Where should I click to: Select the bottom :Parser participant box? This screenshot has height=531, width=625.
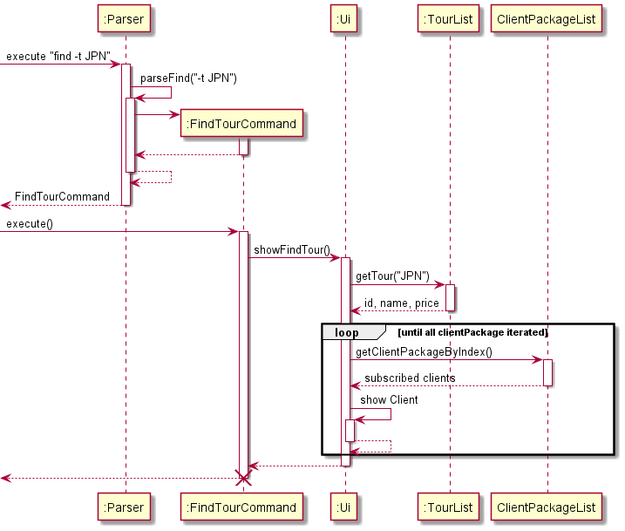[x=125, y=507]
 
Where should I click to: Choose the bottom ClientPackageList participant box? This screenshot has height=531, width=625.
[x=547, y=507]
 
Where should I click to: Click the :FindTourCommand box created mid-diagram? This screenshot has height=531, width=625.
[x=242, y=124]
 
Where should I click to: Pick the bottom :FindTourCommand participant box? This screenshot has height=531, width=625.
[x=242, y=507]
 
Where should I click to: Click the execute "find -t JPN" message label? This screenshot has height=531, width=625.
[x=58, y=57]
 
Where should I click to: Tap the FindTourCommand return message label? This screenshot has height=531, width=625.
[x=62, y=197]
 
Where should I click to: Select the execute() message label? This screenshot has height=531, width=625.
[x=30, y=224]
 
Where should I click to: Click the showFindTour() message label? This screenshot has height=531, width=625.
[x=292, y=251]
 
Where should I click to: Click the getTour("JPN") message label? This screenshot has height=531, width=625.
[x=392, y=276]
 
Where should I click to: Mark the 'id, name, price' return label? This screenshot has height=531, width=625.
[x=402, y=303]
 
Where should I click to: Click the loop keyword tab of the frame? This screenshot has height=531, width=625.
[x=347, y=333]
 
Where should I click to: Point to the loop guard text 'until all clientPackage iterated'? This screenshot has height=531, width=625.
[x=473, y=333]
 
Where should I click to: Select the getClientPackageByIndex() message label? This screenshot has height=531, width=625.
[x=424, y=352]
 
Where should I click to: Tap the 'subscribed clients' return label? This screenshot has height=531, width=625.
[x=410, y=378]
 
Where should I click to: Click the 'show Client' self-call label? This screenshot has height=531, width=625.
[x=389, y=400]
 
